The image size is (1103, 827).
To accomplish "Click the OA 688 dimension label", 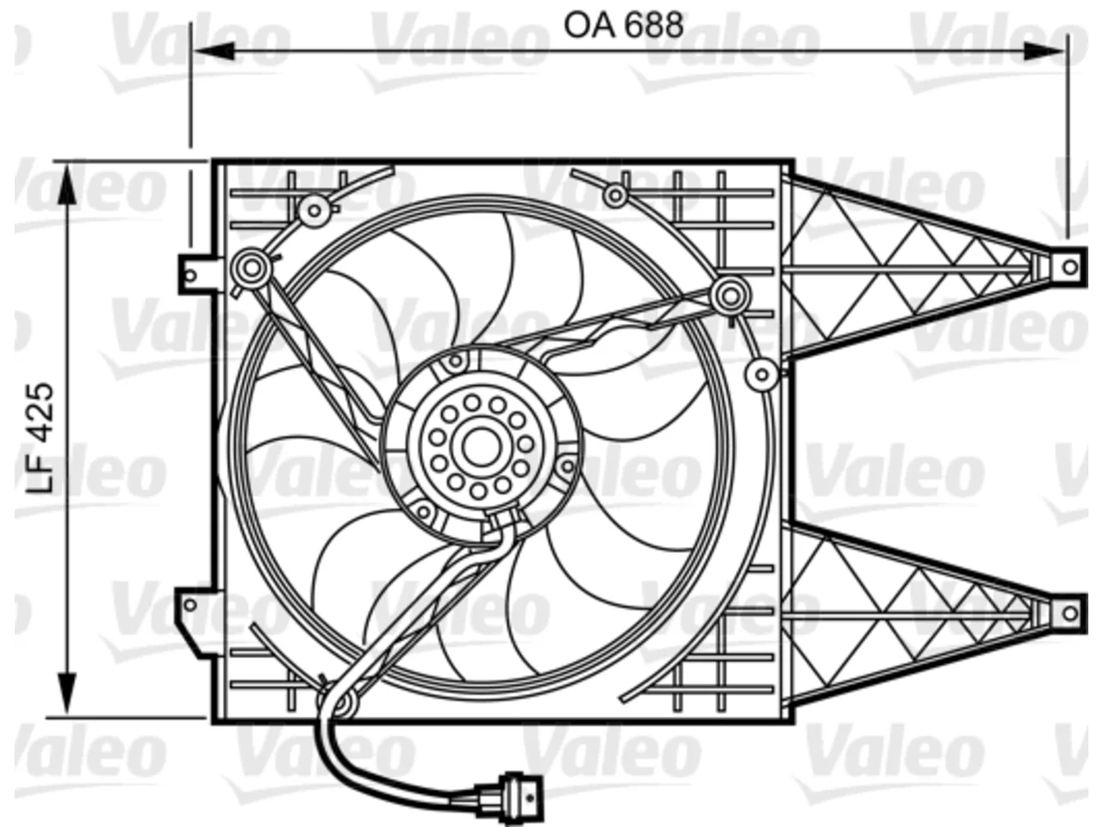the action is pyautogui.click(x=623, y=25).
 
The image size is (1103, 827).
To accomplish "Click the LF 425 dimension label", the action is pyautogui.click(x=40, y=438).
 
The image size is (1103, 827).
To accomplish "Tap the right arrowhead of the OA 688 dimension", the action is pyautogui.click(x=1044, y=51).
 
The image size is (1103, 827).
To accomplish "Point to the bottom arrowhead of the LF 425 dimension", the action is pyautogui.click(x=66, y=693).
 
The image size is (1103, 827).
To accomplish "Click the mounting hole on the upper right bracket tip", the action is pyautogui.click(x=1070, y=267).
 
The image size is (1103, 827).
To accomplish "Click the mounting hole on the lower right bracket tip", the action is pyautogui.click(x=1070, y=613).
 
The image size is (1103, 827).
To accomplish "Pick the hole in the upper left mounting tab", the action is pyautogui.click(x=190, y=275).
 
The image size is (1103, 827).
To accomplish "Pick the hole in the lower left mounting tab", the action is pyautogui.click(x=190, y=605).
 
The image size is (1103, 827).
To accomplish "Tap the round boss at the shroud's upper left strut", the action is pyautogui.click(x=252, y=268).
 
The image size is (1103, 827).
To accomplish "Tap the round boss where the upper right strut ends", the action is pyautogui.click(x=730, y=295).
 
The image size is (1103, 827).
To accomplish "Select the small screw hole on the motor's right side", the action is pyautogui.click(x=567, y=467).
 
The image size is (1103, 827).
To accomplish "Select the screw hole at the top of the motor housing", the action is pyautogui.click(x=455, y=361).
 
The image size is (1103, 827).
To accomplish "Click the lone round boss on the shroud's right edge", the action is pyautogui.click(x=762, y=375).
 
